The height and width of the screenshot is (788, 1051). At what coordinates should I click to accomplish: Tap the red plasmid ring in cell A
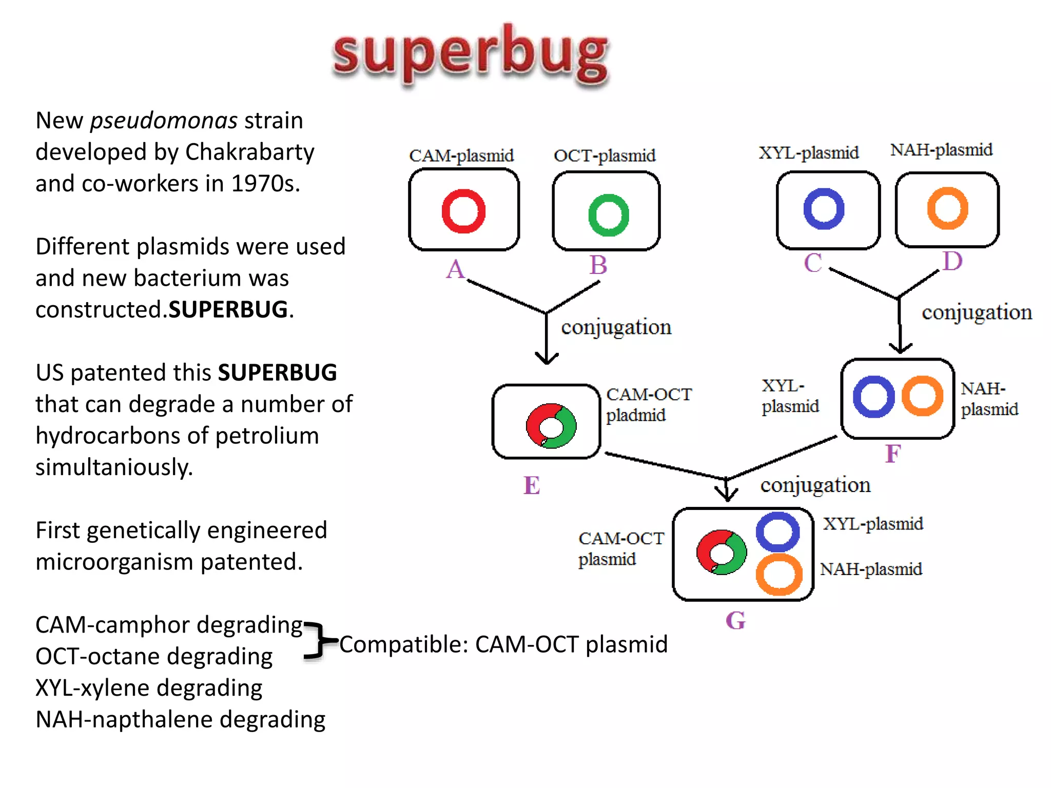(x=463, y=211)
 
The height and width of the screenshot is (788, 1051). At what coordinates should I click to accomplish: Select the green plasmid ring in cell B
(x=609, y=215)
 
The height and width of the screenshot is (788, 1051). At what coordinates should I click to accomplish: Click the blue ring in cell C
(x=824, y=209)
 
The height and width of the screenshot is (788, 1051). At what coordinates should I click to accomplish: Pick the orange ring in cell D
(x=947, y=208)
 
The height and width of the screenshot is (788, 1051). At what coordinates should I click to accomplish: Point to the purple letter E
(x=532, y=485)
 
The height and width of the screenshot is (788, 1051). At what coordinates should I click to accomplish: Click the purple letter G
(x=735, y=621)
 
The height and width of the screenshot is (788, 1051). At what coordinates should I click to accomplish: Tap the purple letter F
(x=893, y=454)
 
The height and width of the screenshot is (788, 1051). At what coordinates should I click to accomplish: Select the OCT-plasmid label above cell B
(x=605, y=155)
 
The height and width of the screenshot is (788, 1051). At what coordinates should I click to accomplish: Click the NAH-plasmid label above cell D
(x=941, y=150)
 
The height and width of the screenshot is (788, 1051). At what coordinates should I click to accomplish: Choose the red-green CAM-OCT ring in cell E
(x=551, y=426)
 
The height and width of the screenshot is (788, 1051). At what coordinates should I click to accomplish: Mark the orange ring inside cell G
(x=778, y=575)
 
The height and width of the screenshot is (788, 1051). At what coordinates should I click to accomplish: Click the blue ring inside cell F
(x=873, y=397)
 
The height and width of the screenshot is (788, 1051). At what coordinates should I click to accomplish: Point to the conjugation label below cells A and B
(x=616, y=327)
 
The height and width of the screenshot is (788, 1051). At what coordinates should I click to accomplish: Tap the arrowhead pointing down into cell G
(x=726, y=496)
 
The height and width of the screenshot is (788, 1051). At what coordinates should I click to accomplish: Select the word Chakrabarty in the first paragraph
(x=249, y=152)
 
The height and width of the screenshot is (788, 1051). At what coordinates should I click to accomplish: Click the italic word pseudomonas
(x=164, y=121)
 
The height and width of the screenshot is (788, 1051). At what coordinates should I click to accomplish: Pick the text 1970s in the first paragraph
(x=265, y=183)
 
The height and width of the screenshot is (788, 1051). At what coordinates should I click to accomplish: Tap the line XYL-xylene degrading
(x=149, y=687)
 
